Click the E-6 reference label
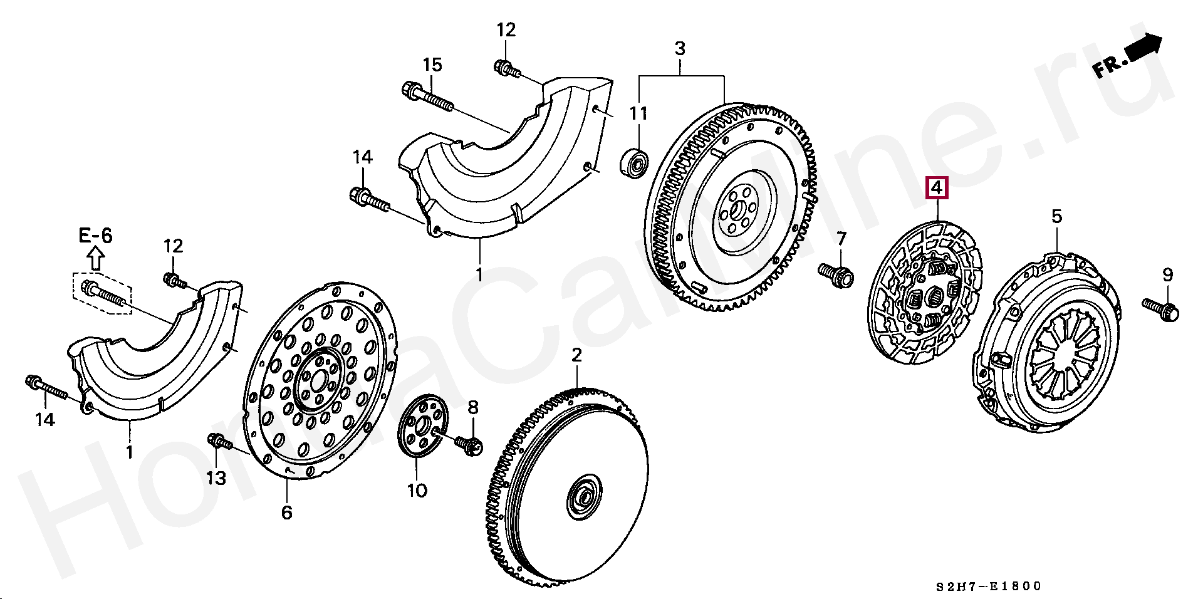(x=95, y=236)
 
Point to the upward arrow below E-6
(x=95, y=258)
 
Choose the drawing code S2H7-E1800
(x=988, y=586)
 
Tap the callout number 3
(x=680, y=48)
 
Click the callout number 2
(x=576, y=356)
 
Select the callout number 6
(x=286, y=512)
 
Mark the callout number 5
(x=1056, y=217)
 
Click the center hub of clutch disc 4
(x=929, y=294)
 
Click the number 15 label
(x=432, y=65)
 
